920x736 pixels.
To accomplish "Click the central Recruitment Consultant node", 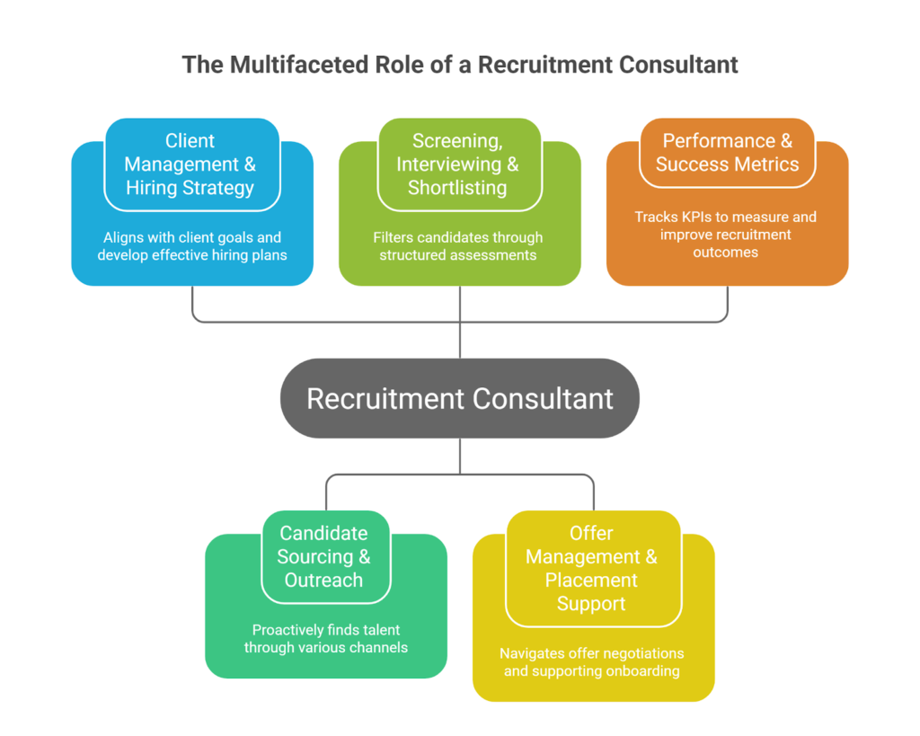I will point(459,398).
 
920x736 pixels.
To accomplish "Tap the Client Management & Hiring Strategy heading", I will point(190,164).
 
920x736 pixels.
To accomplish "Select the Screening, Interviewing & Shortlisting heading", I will point(458,164).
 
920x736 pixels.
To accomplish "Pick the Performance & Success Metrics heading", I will point(727,153).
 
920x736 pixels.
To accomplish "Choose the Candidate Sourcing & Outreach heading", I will point(323,556).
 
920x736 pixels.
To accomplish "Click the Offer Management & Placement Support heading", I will point(591,568).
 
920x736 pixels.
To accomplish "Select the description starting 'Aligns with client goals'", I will point(192,245).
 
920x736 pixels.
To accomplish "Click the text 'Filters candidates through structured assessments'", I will point(458,245).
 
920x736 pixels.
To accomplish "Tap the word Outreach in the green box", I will point(323,580).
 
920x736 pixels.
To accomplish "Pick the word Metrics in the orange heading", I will point(765,164).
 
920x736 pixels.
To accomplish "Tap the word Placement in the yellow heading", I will point(591,580).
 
